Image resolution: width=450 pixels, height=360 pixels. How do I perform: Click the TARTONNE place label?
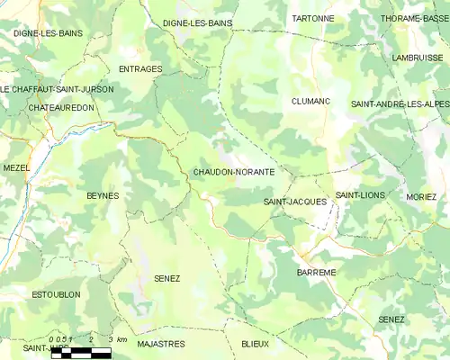pos(313,18)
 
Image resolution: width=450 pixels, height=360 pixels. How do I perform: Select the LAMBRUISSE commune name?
pos(415,57)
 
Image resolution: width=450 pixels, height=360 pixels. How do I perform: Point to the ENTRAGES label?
pos(140,68)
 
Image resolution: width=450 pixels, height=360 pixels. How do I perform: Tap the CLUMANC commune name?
pos(310,102)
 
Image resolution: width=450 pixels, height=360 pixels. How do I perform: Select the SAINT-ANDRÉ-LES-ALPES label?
pos(400,104)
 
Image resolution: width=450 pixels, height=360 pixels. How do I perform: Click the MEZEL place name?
pos(16,168)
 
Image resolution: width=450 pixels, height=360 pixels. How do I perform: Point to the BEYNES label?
pos(103,195)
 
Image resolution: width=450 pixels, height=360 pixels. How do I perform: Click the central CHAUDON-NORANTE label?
pos(234,171)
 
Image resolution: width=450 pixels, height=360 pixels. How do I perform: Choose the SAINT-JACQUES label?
pos(295,202)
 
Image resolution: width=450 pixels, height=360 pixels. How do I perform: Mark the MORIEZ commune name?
pos(421,196)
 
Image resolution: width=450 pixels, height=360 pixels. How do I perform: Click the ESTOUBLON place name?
pos(56,294)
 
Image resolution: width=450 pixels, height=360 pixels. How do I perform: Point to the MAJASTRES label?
pos(161,344)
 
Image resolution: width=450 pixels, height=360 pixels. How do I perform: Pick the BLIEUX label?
pos(255,344)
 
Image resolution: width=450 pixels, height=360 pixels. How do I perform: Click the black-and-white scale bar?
pos(81,352)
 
